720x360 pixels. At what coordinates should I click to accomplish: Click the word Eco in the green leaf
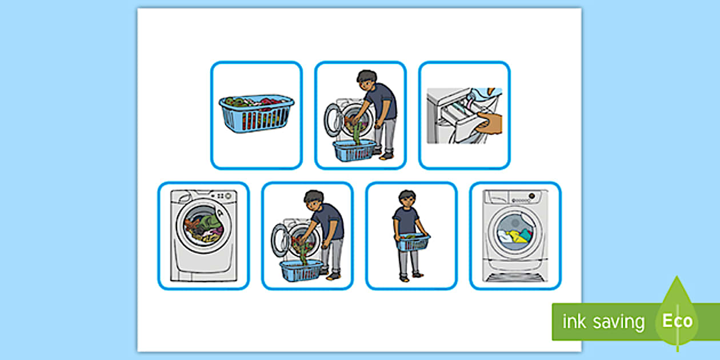(x=677, y=321)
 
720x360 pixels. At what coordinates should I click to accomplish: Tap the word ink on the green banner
(x=574, y=321)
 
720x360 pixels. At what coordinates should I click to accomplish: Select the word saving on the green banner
(x=619, y=323)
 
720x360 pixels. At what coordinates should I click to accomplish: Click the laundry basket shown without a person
(x=257, y=113)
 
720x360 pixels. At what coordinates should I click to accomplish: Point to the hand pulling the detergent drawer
(x=489, y=123)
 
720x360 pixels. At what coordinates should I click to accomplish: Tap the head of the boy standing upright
(x=407, y=199)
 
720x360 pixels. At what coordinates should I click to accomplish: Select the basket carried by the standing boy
(x=413, y=243)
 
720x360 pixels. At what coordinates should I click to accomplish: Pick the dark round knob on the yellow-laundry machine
(x=532, y=196)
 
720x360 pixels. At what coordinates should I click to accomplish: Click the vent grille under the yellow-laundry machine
(x=515, y=277)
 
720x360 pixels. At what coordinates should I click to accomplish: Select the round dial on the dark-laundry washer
(x=228, y=196)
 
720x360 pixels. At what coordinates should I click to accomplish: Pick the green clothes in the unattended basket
(x=235, y=102)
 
